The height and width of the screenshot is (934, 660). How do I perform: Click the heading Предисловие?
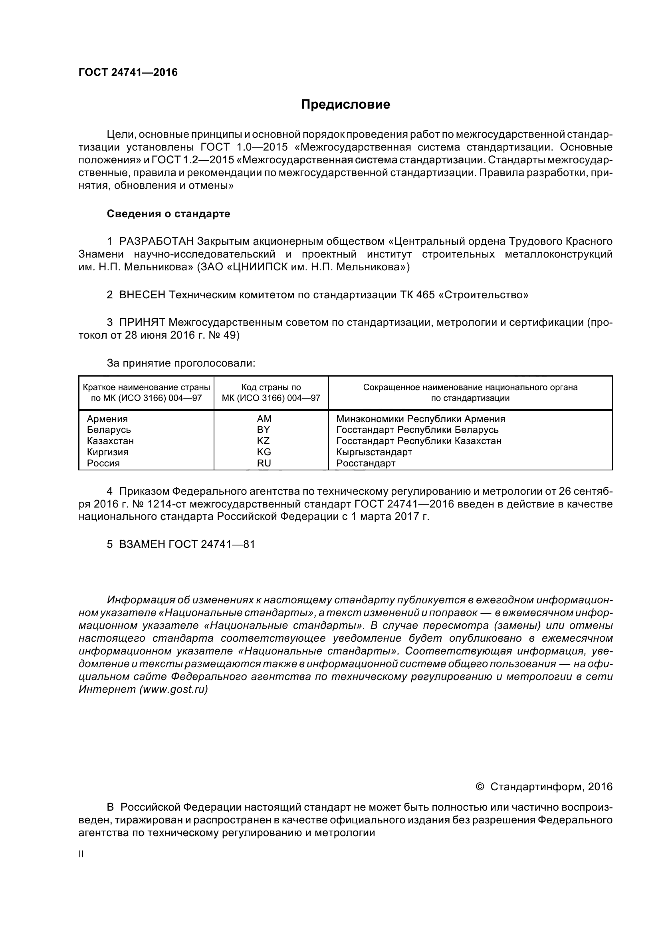pyautogui.click(x=345, y=105)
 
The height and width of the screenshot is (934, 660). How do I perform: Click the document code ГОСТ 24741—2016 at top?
pyautogui.click(x=128, y=72)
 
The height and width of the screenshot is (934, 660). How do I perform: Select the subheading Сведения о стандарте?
pyautogui.click(x=168, y=214)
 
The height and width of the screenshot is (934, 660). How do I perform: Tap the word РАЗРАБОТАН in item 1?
pyautogui.click(x=157, y=241)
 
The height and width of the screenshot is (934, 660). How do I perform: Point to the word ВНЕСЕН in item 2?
pyautogui.click(x=142, y=295)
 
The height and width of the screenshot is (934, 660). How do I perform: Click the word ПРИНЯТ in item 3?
pyautogui.click(x=142, y=323)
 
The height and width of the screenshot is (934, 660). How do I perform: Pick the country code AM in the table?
pyautogui.click(x=264, y=418)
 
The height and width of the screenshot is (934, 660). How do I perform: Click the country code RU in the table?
pyautogui.click(x=264, y=463)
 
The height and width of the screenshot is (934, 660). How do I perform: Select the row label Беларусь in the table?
pyautogui.click(x=109, y=430)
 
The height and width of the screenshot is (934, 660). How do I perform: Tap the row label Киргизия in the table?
pyautogui.click(x=108, y=452)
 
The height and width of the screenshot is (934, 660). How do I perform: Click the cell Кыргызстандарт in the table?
pyautogui.click(x=374, y=452)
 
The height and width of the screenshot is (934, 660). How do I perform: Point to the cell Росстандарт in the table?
pyautogui.click(x=366, y=463)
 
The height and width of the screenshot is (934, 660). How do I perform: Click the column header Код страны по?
pyautogui.click(x=271, y=387)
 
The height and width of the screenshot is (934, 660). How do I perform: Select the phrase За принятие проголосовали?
pyautogui.click(x=181, y=363)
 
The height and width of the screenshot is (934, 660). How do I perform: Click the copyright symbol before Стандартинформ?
pyautogui.click(x=480, y=786)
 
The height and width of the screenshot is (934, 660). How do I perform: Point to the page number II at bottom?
pyautogui.click(x=81, y=854)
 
